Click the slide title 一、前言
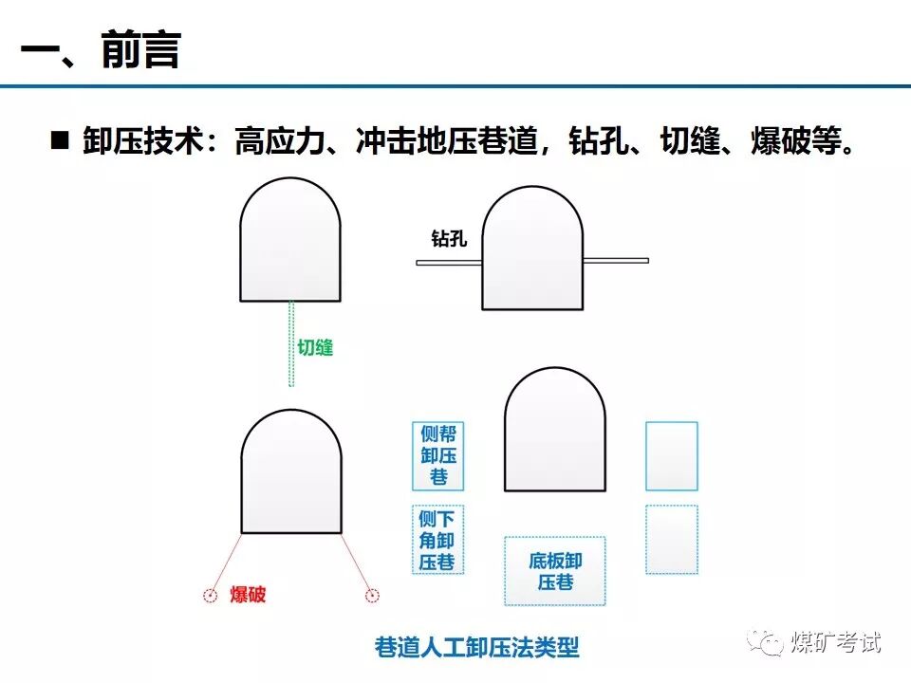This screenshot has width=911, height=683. (x=100, y=50)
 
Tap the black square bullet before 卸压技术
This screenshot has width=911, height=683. (x=60, y=141)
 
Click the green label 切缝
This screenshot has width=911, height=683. (x=316, y=347)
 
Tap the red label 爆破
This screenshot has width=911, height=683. (x=248, y=596)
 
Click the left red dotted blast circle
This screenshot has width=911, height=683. (x=211, y=596)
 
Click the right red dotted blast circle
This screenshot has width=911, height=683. (x=373, y=596)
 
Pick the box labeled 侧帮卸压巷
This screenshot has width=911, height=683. (x=437, y=455)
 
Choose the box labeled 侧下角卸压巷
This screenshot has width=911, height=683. (x=437, y=540)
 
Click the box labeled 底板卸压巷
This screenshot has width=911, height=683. (x=554, y=571)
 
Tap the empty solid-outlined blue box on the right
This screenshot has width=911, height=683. (x=671, y=456)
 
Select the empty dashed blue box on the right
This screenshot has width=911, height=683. (x=671, y=539)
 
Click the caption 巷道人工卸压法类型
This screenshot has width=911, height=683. (x=476, y=649)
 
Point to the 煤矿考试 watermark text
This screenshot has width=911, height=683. (x=836, y=642)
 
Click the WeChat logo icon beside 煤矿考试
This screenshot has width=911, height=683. (x=765, y=642)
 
